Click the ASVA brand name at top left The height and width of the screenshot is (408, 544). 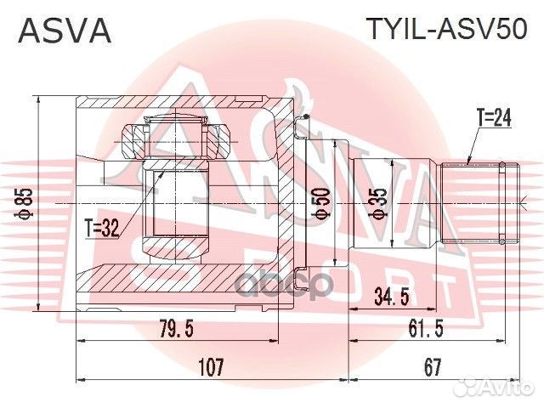click(x=65, y=31)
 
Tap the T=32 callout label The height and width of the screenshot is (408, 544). click(x=105, y=227)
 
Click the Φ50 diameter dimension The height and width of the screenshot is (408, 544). click(x=321, y=203)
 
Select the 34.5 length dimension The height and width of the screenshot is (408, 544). click(x=393, y=297)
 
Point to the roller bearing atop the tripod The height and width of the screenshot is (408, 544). click(x=174, y=136)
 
